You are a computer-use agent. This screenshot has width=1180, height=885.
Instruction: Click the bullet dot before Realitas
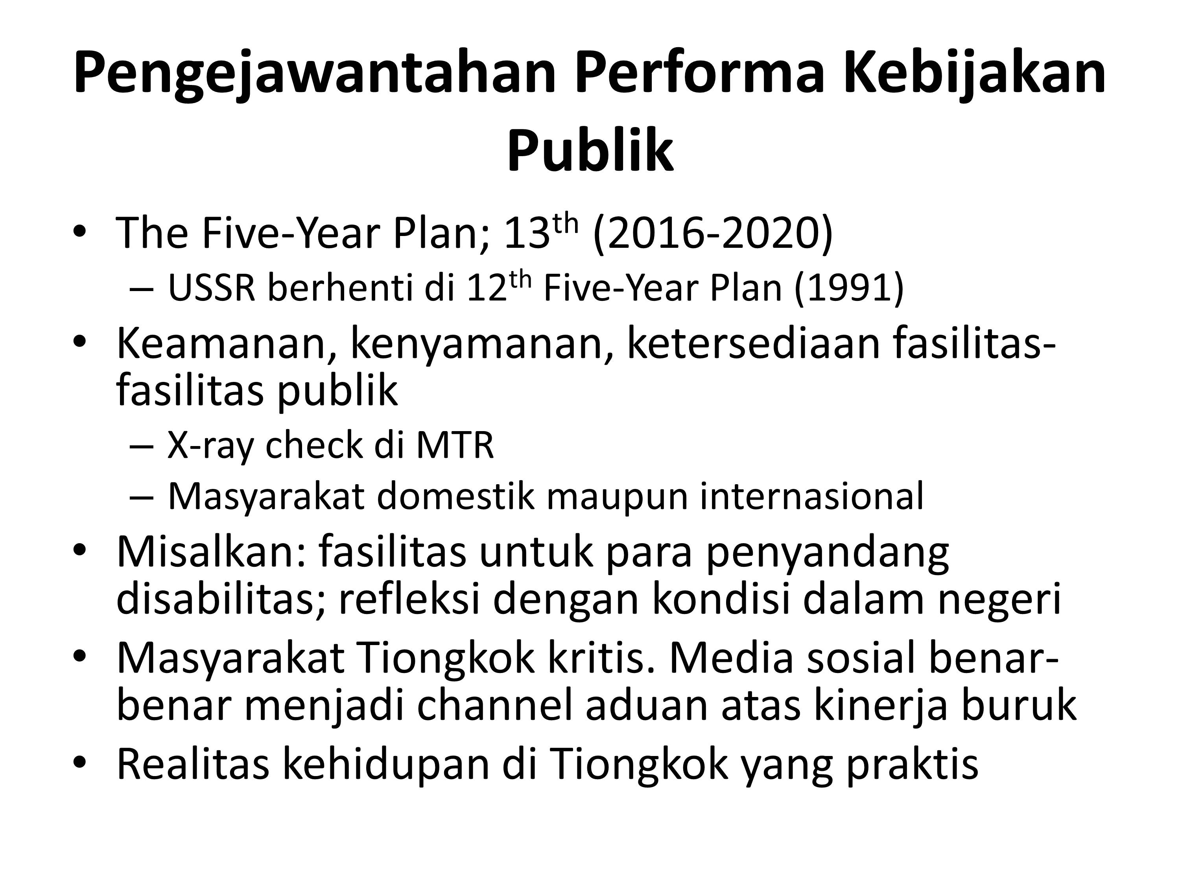79,763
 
